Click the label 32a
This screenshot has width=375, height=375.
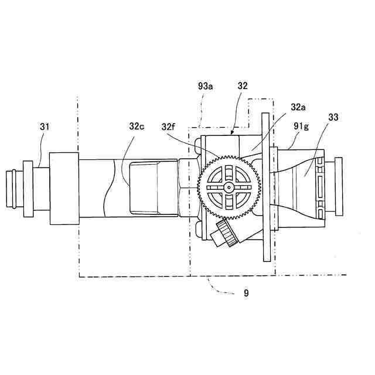[x=298, y=108]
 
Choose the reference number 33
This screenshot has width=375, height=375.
[x=333, y=117]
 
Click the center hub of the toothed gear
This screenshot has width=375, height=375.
[x=228, y=187]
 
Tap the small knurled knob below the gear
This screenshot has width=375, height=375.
[x=226, y=233]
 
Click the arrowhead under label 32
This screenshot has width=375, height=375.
[x=233, y=133]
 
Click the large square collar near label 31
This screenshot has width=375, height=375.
[x=64, y=187]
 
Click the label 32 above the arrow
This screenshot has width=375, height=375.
[x=243, y=86]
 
